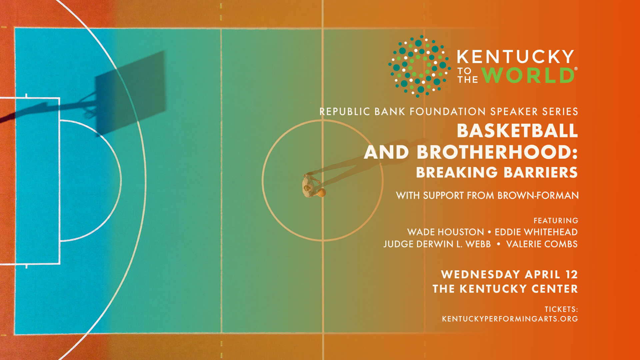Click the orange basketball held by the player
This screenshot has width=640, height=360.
[321, 193]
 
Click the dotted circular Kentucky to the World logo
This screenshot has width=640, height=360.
[419, 66]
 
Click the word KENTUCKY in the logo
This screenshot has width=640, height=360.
[515, 57]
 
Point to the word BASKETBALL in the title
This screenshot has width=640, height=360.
[517, 131]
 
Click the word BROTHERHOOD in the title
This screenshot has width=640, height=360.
[497, 152]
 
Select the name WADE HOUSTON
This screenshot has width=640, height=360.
[445, 232]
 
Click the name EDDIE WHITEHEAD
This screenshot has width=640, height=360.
[536, 232]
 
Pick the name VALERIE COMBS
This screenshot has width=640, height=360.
[542, 244]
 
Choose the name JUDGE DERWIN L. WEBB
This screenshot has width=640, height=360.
[437, 244]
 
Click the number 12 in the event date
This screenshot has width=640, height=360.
[571, 274]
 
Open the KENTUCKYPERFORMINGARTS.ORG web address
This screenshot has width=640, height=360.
[510, 319]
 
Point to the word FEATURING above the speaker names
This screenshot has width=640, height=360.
[556, 221]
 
